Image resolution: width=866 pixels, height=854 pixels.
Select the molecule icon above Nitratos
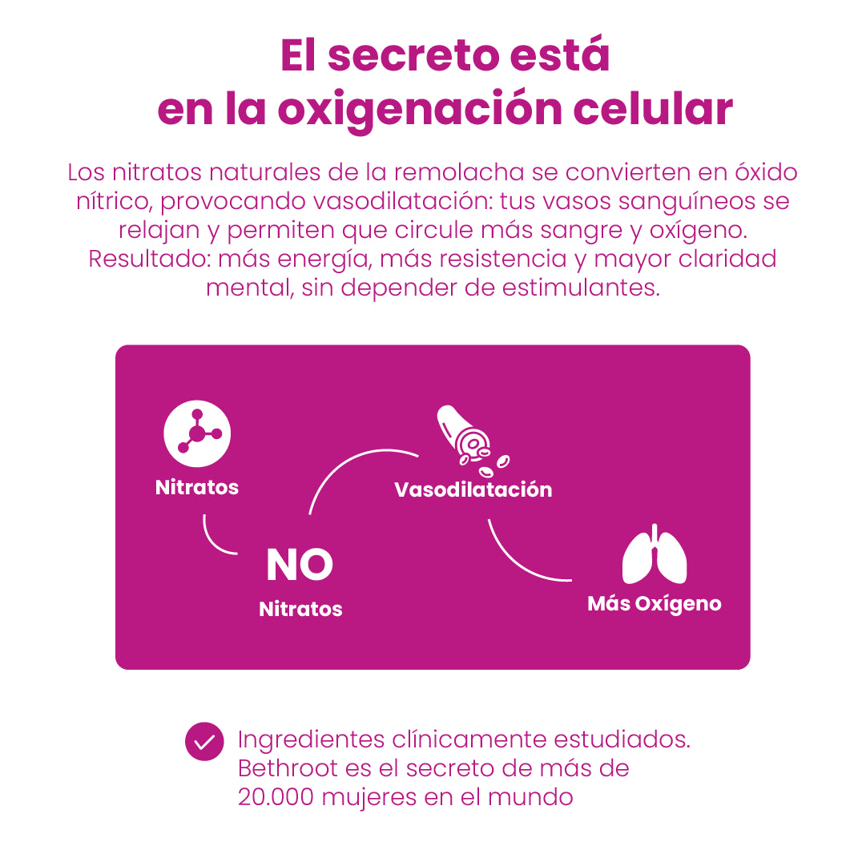(197, 433)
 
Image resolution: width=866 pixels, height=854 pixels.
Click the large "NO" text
(300, 566)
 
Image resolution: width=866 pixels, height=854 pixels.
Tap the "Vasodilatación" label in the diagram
(473, 489)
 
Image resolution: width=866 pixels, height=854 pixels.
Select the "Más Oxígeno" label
(655, 603)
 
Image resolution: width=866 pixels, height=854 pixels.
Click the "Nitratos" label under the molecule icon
(197, 487)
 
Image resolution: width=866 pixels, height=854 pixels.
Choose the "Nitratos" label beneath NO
(300, 609)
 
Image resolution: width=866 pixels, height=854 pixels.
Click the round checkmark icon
(204, 741)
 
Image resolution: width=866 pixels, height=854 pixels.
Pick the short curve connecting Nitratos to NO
(213, 542)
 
